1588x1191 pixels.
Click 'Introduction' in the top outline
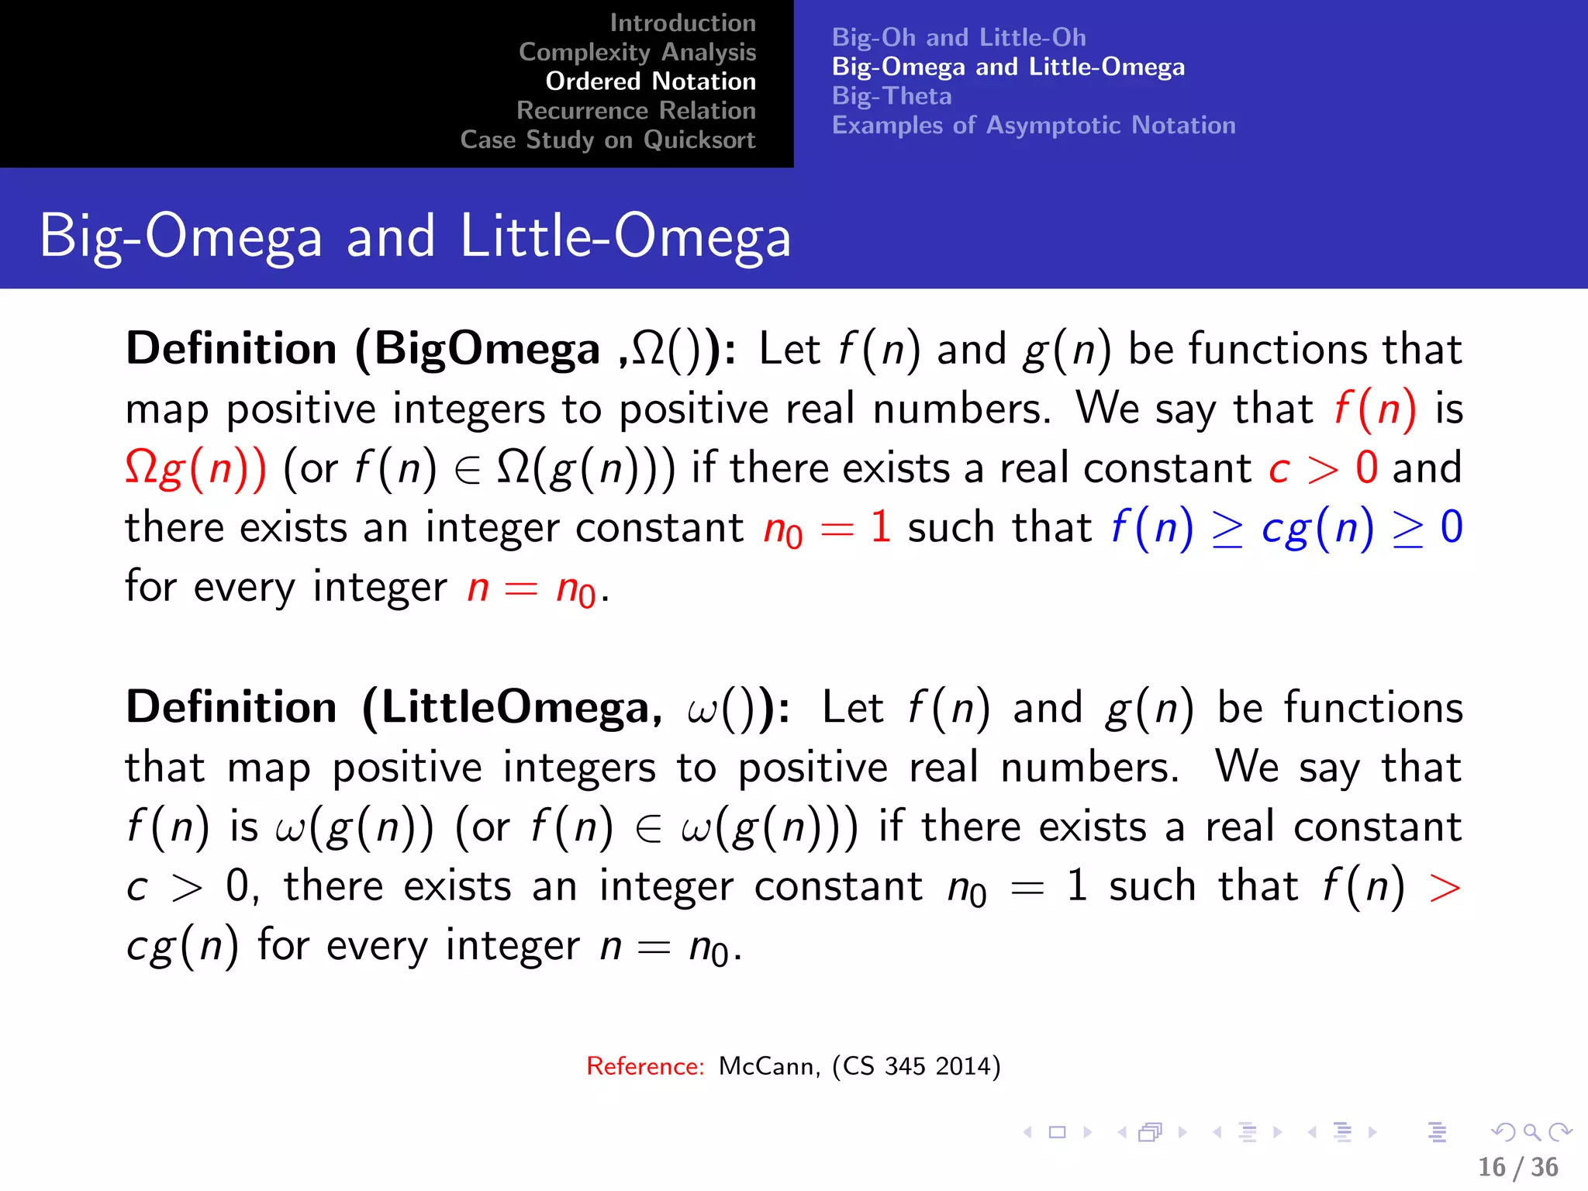(x=682, y=23)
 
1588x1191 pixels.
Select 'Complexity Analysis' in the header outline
(x=637, y=52)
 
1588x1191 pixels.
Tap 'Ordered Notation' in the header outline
(x=650, y=81)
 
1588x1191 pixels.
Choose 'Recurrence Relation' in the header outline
(x=636, y=111)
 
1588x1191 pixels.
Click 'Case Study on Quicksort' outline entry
(x=607, y=140)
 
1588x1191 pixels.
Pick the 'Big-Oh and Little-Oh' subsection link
(x=958, y=37)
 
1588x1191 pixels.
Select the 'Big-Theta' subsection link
(x=892, y=96)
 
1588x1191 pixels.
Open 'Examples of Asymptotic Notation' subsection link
(x=1034, y=126)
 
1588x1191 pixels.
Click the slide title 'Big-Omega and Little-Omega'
(x=415, y=236)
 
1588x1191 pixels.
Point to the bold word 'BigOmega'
(x=487, y=349)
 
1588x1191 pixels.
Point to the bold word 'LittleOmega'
(x=515, y=708)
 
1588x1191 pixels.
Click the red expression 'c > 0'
(x=1323, y=468)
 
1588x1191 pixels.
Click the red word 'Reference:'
(x=645, y=1066)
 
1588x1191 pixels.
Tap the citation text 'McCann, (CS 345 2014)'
(x=859, y=1066)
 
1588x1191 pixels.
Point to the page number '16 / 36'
(x=1517, y=1167)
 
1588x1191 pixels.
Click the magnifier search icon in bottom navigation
(x=1531, y=1132)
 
